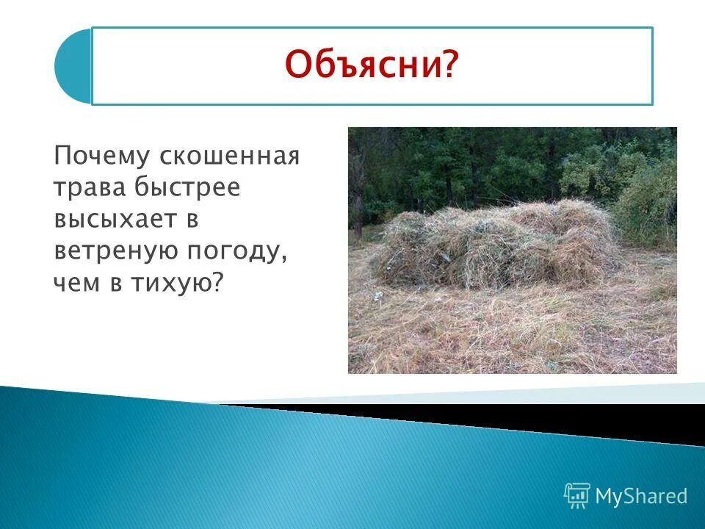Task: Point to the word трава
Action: click(x=87, y=188)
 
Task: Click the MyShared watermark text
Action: click(x=641, y=496)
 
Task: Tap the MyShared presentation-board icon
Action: click(x=577, y=496)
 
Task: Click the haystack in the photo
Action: click(x=492, y=242)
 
